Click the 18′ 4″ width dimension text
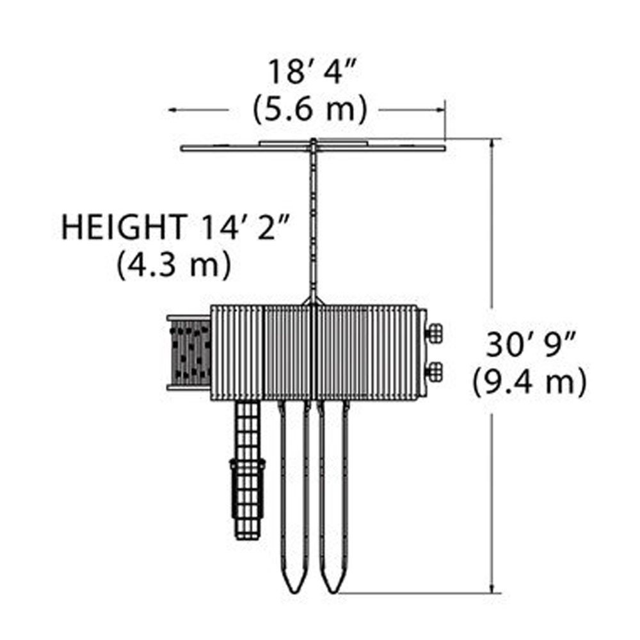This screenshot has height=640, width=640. [x=312, y=72]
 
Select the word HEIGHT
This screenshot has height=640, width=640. [x=122, y=227]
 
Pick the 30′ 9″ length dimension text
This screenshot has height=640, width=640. [x=531, y=346]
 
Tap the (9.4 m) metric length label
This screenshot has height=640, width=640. [x=530, y=382]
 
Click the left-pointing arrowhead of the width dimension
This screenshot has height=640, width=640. [x=173, y=109]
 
